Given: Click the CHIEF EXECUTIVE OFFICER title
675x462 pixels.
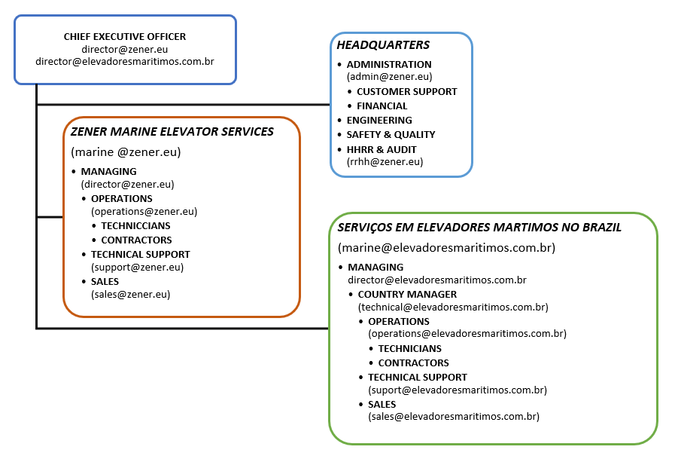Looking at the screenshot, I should tap(125, 36).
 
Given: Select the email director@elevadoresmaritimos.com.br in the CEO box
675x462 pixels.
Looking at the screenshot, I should tap(125, 61).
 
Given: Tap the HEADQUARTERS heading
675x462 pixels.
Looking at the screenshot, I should tap(383, 45).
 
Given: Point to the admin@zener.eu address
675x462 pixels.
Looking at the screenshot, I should tap(389, 77).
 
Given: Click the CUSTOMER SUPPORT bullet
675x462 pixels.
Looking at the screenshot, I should tap(406, 91).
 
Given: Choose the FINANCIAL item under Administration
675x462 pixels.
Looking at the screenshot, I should tap(382, 106).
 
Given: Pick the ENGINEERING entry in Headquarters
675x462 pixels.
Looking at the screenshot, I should tap(379, 120).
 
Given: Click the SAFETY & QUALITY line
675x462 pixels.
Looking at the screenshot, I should tap(391, 134).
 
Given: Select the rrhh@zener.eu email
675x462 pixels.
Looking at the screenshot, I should tap(385, 161).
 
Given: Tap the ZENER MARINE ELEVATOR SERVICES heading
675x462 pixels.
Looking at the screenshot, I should tap(172, 131).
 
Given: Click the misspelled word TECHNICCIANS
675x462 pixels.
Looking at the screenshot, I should tap(135, 225).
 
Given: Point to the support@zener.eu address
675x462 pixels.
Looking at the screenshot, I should tap(137, 267).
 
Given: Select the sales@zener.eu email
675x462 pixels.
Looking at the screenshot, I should tap(130, 295).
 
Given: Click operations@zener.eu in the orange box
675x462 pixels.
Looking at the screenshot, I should tap(144, 212).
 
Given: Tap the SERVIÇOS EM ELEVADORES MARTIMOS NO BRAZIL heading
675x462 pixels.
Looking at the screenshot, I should tap(479, 227).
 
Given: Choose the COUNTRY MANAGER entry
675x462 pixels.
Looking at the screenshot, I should tap(407, 294).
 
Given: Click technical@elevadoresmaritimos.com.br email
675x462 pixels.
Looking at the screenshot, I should tap(453, 307).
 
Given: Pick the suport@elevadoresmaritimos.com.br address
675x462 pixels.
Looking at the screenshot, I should tap(457, 390).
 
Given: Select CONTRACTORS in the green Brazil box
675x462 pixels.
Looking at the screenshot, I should tap(413, 363).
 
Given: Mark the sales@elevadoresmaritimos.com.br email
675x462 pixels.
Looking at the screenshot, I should tap(453, 416).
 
